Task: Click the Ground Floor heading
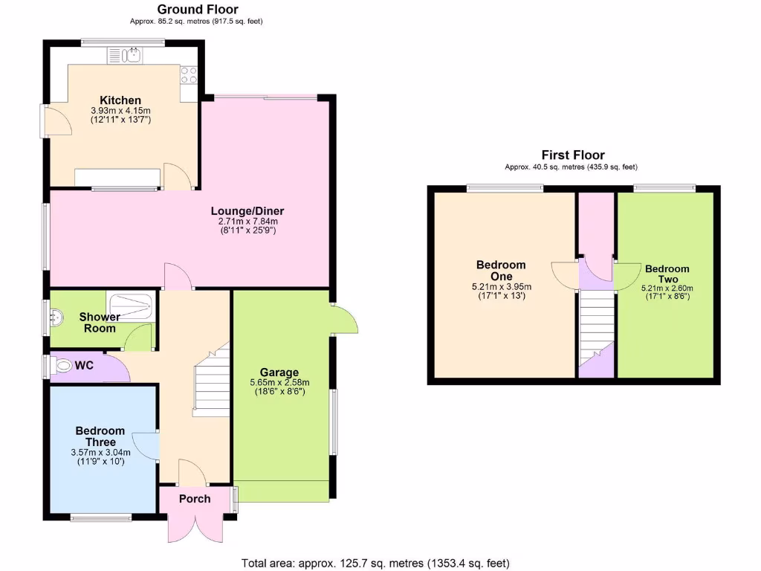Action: click(x=198, y=10)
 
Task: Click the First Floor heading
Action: click(x=572, y=155)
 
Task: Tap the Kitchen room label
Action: click(x=120, y=100)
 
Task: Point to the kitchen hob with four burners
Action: click(x=189, y=74)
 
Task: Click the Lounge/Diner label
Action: click(x=251, y=211)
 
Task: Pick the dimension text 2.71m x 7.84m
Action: click(x=251, y=222)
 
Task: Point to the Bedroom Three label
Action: click(x=100, y=436)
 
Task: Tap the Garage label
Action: click(x=279, y=372)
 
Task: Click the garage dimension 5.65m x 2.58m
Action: click(x=279, y=383)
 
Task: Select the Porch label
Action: click(x=195, y=499)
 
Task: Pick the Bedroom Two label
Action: click(x=667, y=274)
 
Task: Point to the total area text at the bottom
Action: click(x=376, y=563)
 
